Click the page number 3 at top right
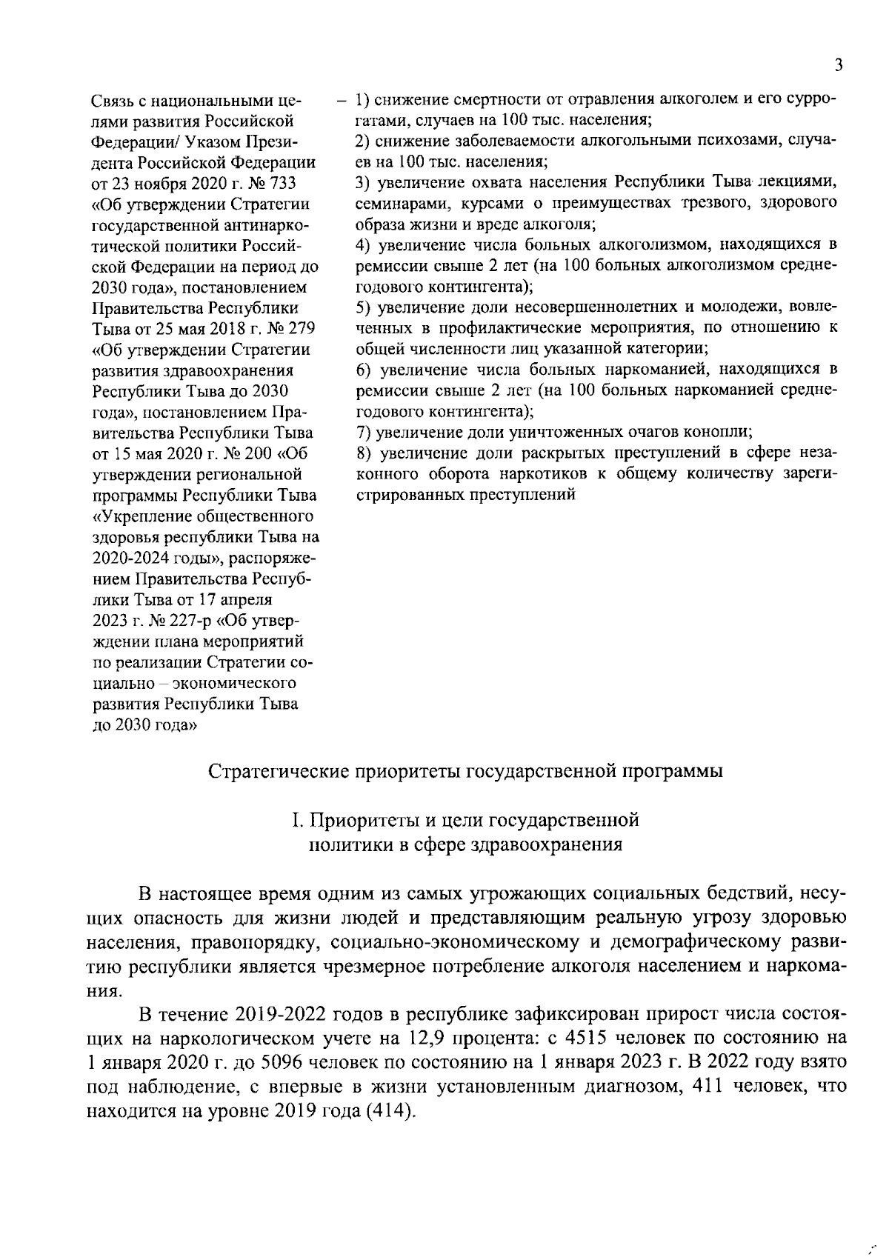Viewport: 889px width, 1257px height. point(838,66)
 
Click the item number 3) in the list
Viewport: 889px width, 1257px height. point(363,181)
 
